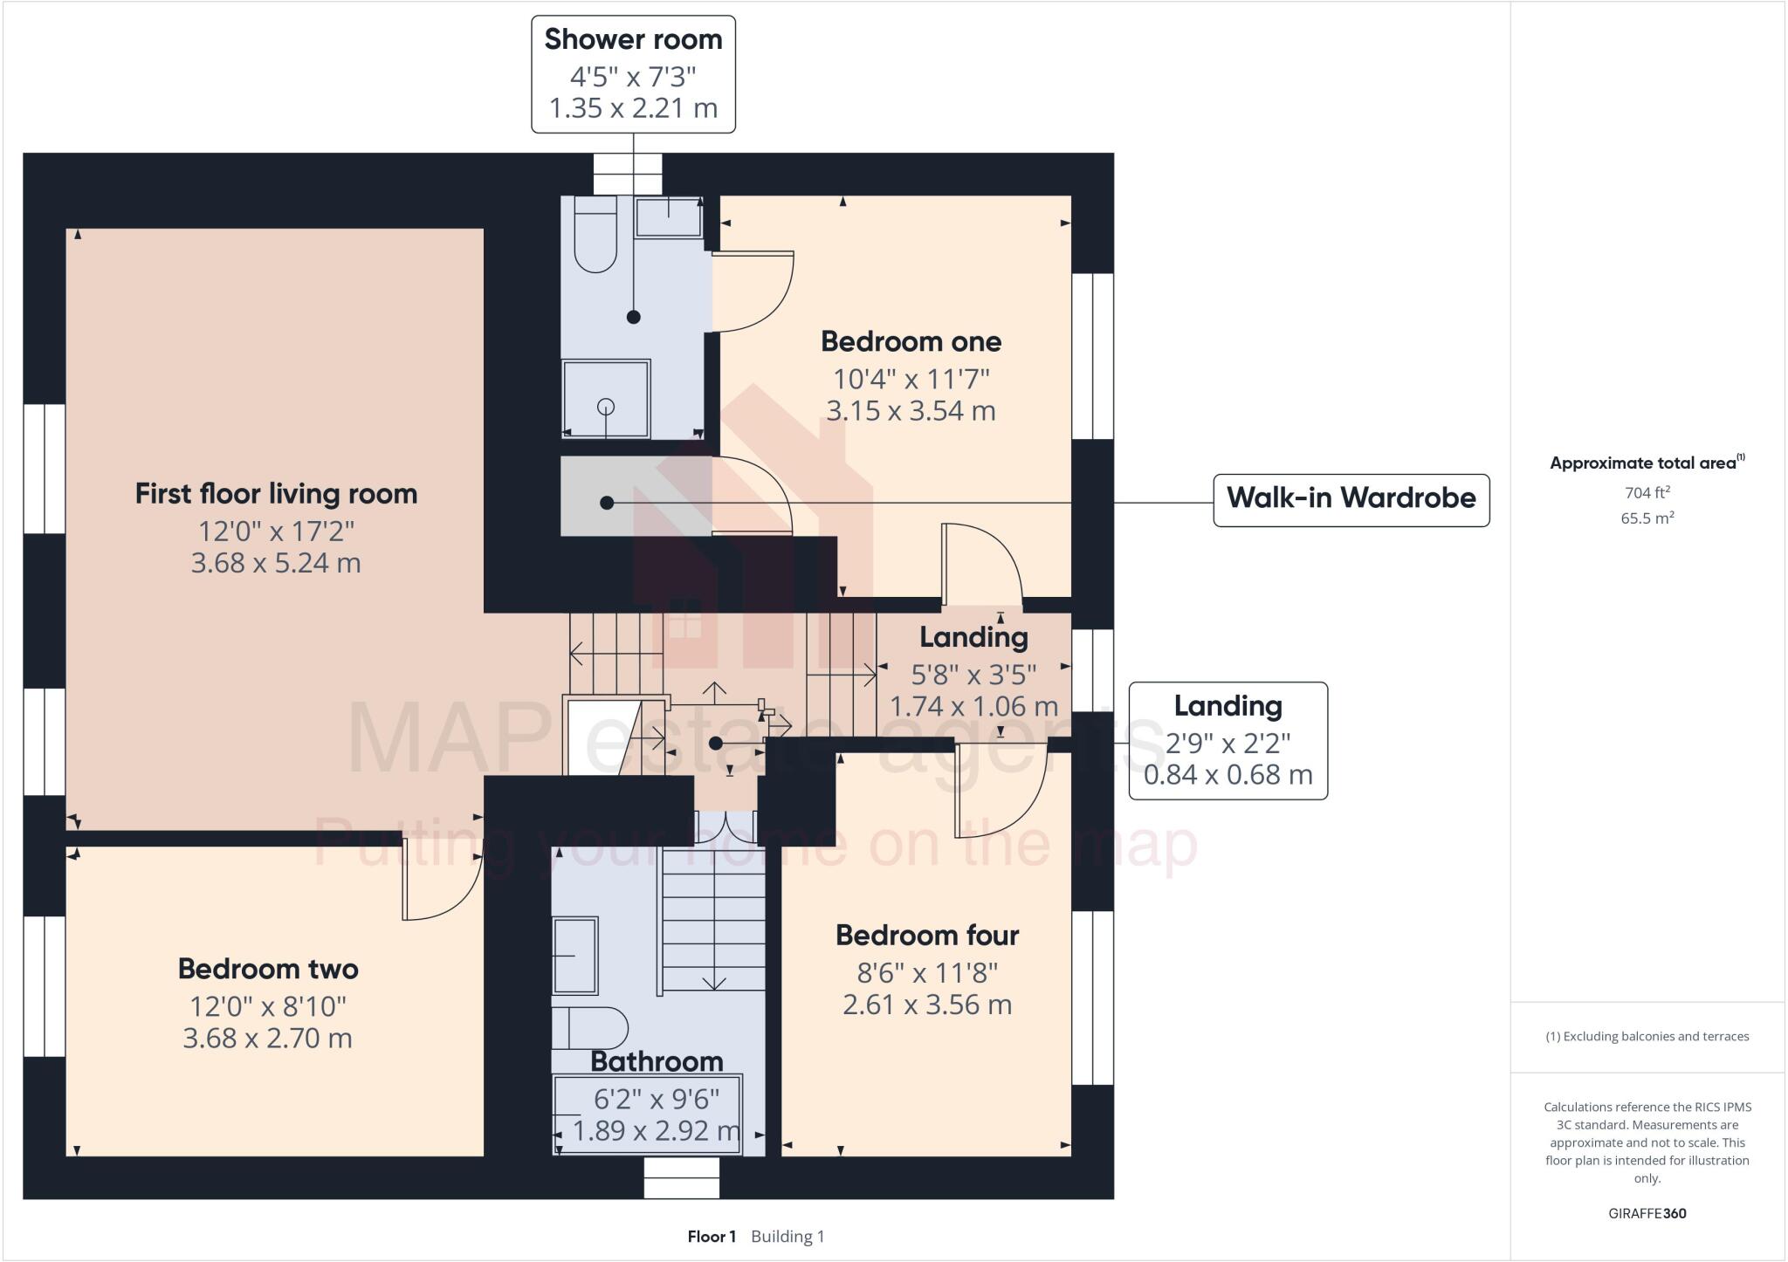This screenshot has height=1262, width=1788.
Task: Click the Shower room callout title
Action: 633,39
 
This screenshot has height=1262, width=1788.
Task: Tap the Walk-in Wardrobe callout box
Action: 1351,499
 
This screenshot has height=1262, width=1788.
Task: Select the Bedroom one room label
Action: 911,341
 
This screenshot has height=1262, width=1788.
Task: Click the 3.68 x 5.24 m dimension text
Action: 276,563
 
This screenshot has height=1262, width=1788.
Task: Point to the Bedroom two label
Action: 268,969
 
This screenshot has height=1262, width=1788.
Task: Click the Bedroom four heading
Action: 927,936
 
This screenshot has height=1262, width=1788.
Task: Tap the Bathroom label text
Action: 657,1061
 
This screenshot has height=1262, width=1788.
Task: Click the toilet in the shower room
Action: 595,236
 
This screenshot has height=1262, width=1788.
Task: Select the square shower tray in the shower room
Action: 606,399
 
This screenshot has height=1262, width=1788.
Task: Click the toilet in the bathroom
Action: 590,1027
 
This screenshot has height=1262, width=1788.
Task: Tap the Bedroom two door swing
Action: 441,883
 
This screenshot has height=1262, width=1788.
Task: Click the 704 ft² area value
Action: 1647,492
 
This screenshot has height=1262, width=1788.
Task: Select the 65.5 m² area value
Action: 1647,518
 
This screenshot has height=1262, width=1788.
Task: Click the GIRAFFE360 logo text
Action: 1647,1213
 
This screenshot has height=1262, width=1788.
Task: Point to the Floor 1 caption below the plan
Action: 712,1237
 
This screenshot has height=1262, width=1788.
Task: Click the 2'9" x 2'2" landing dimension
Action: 1228,744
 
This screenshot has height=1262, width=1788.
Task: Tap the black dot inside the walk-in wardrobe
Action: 607,503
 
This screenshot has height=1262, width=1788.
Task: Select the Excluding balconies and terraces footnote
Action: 1647,1037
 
